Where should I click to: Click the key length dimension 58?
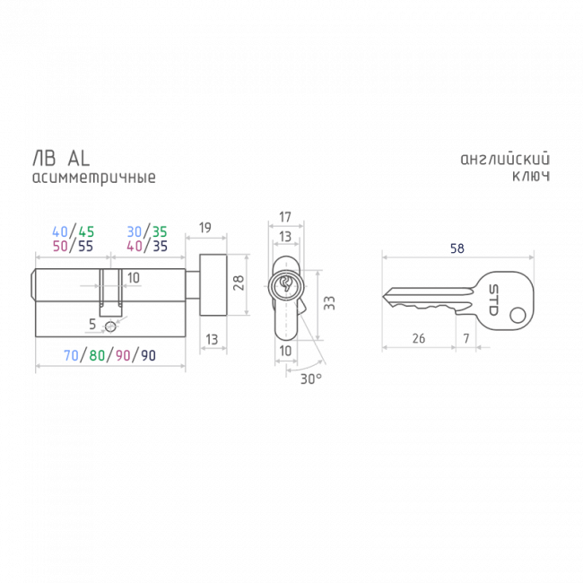point(457,248)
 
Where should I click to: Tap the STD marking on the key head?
point(493,300)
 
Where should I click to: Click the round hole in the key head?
point(518,316)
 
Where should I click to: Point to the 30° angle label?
point(311,379)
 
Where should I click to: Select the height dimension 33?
point(329,303)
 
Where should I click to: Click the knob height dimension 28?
point(239,283)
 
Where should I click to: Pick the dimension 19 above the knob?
point(204,228)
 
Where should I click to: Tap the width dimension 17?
point(285,217)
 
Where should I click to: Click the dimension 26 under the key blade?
point(419,338)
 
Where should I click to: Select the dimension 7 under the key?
point(466,338)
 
